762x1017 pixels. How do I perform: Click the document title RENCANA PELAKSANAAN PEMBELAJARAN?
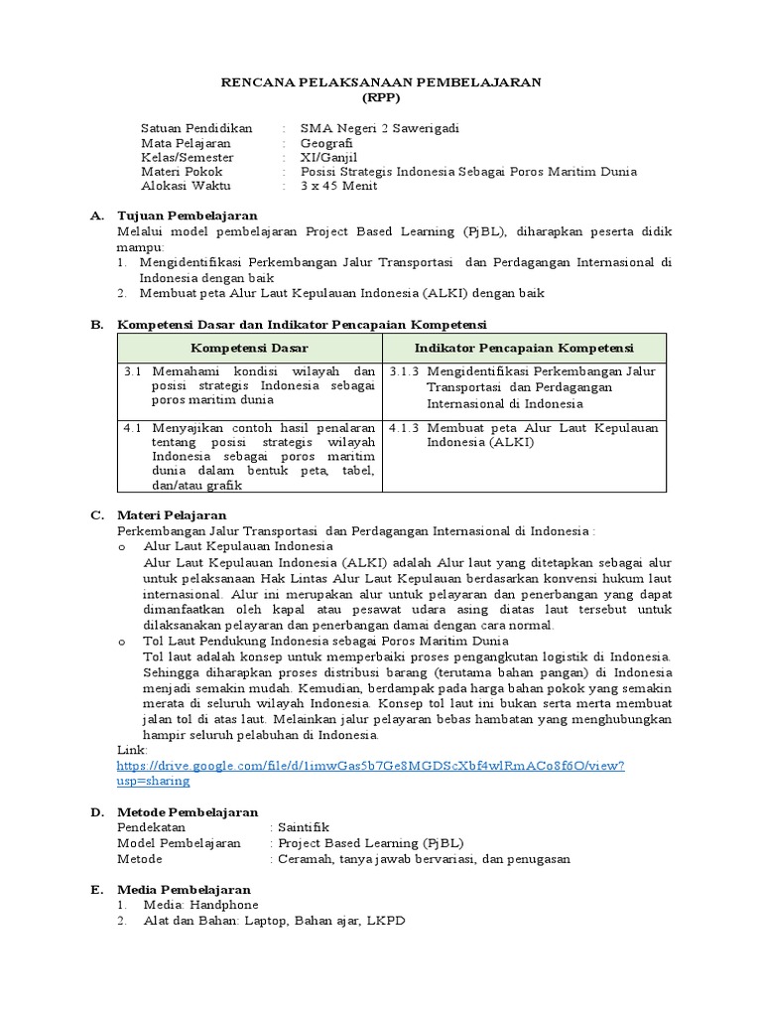pos(380,83)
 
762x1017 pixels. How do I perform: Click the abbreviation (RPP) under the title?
pos(380,99)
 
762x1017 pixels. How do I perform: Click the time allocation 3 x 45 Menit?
pos(339,186)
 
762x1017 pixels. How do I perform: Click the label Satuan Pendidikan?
pos(196,128)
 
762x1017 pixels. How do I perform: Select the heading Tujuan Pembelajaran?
pos(188,216)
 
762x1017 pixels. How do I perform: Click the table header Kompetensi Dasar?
pos(249,348)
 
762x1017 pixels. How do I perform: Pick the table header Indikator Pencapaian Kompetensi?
pos(524,348)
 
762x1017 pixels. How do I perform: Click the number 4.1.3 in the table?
pos(404,428)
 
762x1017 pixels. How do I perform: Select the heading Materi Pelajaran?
pos(172,515)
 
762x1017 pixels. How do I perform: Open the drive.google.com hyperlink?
pos(370,766)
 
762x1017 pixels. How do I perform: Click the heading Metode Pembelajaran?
pos(188,812)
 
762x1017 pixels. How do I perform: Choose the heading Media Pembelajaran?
pos(184,889)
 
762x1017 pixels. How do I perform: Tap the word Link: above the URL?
pos(132,751)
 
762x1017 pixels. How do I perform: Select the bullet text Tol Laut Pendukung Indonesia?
pos(238,642)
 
